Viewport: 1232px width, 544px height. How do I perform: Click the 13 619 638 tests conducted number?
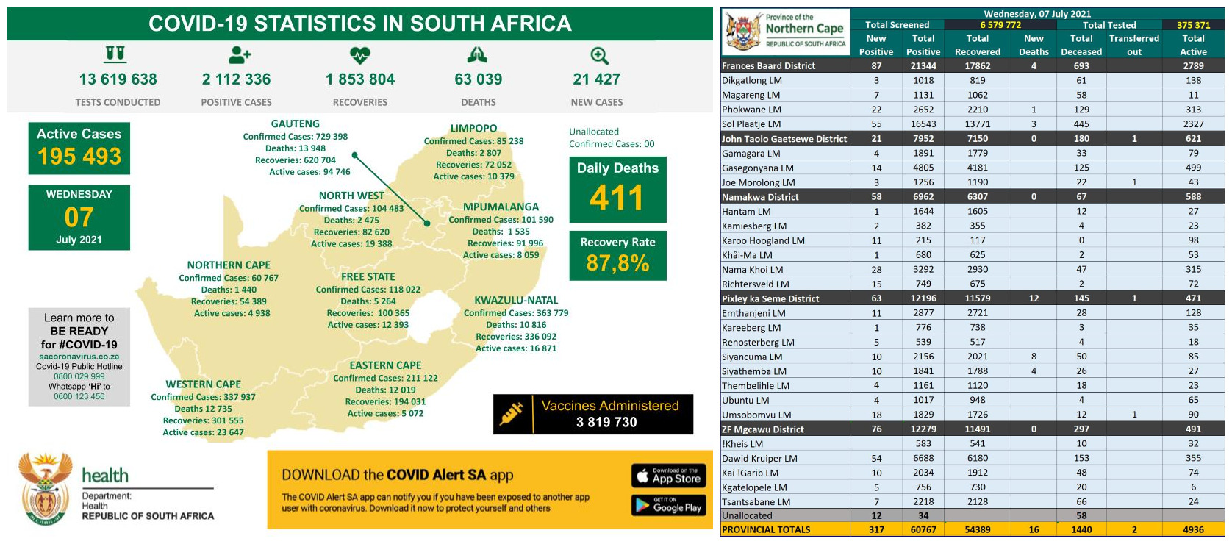click(118, 79)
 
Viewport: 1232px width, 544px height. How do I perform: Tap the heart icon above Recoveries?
click(359, 55)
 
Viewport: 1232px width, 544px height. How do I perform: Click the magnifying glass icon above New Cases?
click(599, 56)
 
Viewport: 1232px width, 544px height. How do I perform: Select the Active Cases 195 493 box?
click(79, 148)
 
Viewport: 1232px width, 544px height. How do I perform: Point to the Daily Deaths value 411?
click(617, 198)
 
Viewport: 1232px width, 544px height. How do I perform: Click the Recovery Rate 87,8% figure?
click(617, 262)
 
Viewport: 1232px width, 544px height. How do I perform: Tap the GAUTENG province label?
click(295, 124)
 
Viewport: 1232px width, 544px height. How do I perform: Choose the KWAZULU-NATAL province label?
click(516, 300)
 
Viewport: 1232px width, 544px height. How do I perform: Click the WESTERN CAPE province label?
click(203, 384)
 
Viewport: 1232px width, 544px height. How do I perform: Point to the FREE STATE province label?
click(368, 277)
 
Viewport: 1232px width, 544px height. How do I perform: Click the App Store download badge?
click(668, 476)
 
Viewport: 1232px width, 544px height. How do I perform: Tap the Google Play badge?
click(668, 504)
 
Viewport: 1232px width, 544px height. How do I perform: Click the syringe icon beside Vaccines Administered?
click(512, 414)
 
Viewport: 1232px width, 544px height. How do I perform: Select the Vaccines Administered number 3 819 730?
click(606, 422)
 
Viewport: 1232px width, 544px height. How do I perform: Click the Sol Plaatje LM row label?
click(751, 124)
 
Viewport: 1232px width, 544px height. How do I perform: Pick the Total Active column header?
click(1193, 45)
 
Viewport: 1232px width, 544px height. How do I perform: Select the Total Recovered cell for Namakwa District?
click(977, 197)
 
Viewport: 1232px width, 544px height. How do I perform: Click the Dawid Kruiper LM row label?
click(759, 458)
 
